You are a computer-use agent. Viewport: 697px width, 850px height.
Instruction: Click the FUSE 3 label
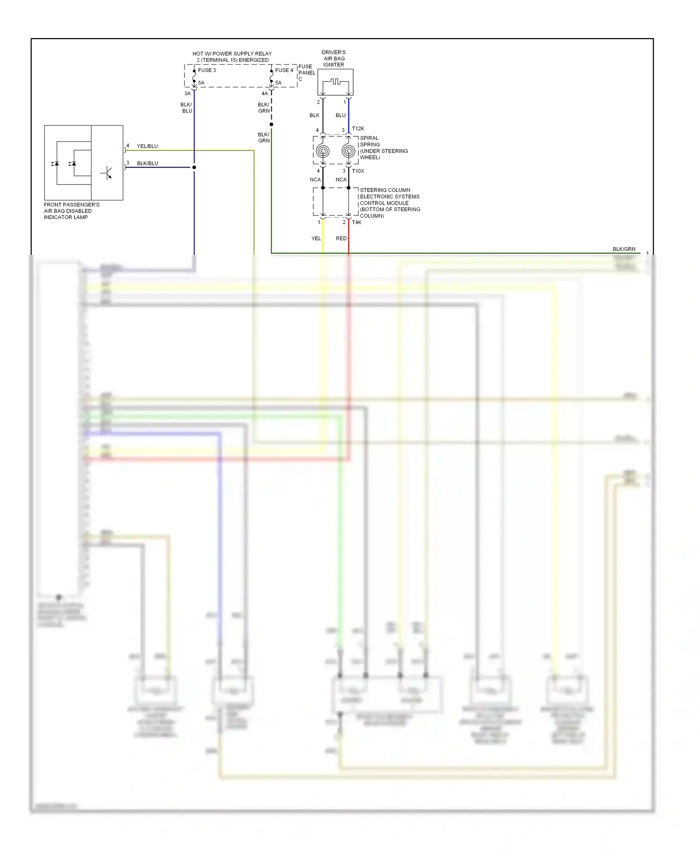point(207,70)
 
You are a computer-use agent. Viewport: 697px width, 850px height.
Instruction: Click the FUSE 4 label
point(284,70)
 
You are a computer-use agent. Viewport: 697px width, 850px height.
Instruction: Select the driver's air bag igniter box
point(335,82)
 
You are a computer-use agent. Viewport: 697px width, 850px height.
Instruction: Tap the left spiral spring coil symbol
point(322,151)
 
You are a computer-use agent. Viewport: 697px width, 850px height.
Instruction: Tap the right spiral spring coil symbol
point(348,151)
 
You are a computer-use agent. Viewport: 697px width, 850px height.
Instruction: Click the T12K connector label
point(358,129)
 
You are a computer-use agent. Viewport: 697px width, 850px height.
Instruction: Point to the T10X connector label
point(358,171)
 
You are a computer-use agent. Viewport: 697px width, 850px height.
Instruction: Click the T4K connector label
point(356,222)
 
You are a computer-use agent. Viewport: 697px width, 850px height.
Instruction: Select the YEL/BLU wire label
point(147,146)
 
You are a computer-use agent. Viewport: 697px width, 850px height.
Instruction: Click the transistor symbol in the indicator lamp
point(107,173)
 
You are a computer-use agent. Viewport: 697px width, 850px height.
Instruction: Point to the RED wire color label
point(341,239)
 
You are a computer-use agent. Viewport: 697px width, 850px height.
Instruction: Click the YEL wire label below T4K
point(316,239)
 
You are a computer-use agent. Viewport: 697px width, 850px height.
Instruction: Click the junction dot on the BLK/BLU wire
point(194,167)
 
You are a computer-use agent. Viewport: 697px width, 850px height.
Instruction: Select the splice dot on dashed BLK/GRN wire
point(271,124)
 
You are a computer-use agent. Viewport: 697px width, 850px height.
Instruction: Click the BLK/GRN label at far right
point(624,249)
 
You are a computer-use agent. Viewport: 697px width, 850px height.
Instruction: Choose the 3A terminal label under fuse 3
point(187,93)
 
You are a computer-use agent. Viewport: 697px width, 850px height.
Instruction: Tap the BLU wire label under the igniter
point(341,115)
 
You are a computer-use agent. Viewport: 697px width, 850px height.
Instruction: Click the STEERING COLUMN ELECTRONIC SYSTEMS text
point(389,193)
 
